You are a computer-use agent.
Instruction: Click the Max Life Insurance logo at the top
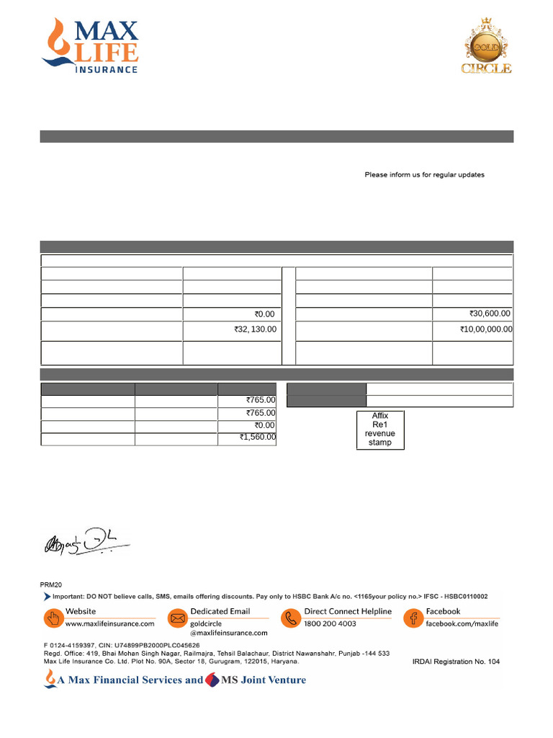(x=91, y=46)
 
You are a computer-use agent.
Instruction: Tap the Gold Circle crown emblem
(x=486, y=46)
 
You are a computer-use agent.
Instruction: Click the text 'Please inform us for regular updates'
(x=424, y=175)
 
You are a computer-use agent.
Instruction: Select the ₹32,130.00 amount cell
(x=255, y=329)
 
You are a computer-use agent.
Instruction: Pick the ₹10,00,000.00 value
(x=486, y=329)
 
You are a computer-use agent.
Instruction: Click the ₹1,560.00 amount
(x=257, y=437)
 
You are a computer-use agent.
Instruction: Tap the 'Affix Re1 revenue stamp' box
(x=380, y=430)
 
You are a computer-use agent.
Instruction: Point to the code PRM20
(x=51, y=584)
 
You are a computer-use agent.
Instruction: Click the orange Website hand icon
(x=53, y=618)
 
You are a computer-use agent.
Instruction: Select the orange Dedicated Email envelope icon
(x=177, y=618)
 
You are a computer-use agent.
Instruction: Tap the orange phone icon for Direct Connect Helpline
(x=291, y=618)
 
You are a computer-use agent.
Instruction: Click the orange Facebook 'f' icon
(x=413, y=618)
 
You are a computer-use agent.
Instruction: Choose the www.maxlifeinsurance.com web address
(x=110, y=623)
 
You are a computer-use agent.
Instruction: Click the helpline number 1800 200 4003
(x=330, y=623)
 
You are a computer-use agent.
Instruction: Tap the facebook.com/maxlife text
(x=462, y=623)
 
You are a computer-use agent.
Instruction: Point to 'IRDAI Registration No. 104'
(x=456, y=662)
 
